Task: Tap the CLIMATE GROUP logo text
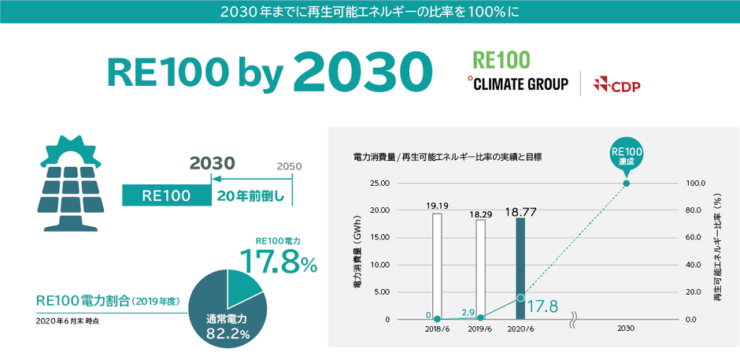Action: pyautogui.click(x=517, y=84)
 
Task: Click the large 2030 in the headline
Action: pyautogui.click(x=363, y=72)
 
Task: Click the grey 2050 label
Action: pyautogui.click(x=289, y=167)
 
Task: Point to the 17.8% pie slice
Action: pyautogui.click(x=246, y=288)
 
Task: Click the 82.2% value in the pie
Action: pyautogui.click(x=228, y=334)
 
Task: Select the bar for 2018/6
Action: pyautogui.click(x=437, y=266)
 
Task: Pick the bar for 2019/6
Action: pyautogui.click(x=480, y=269)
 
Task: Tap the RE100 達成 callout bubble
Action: pyautogui.click(x=626, y=154)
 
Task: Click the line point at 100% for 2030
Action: pyautogui.click(x=626, y=184)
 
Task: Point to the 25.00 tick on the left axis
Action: pyautogui.click(x=379, y=184)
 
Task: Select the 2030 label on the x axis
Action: pyautogui.click(x=626, y=328)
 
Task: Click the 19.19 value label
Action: pyautogui.click(x=437, y=206)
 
